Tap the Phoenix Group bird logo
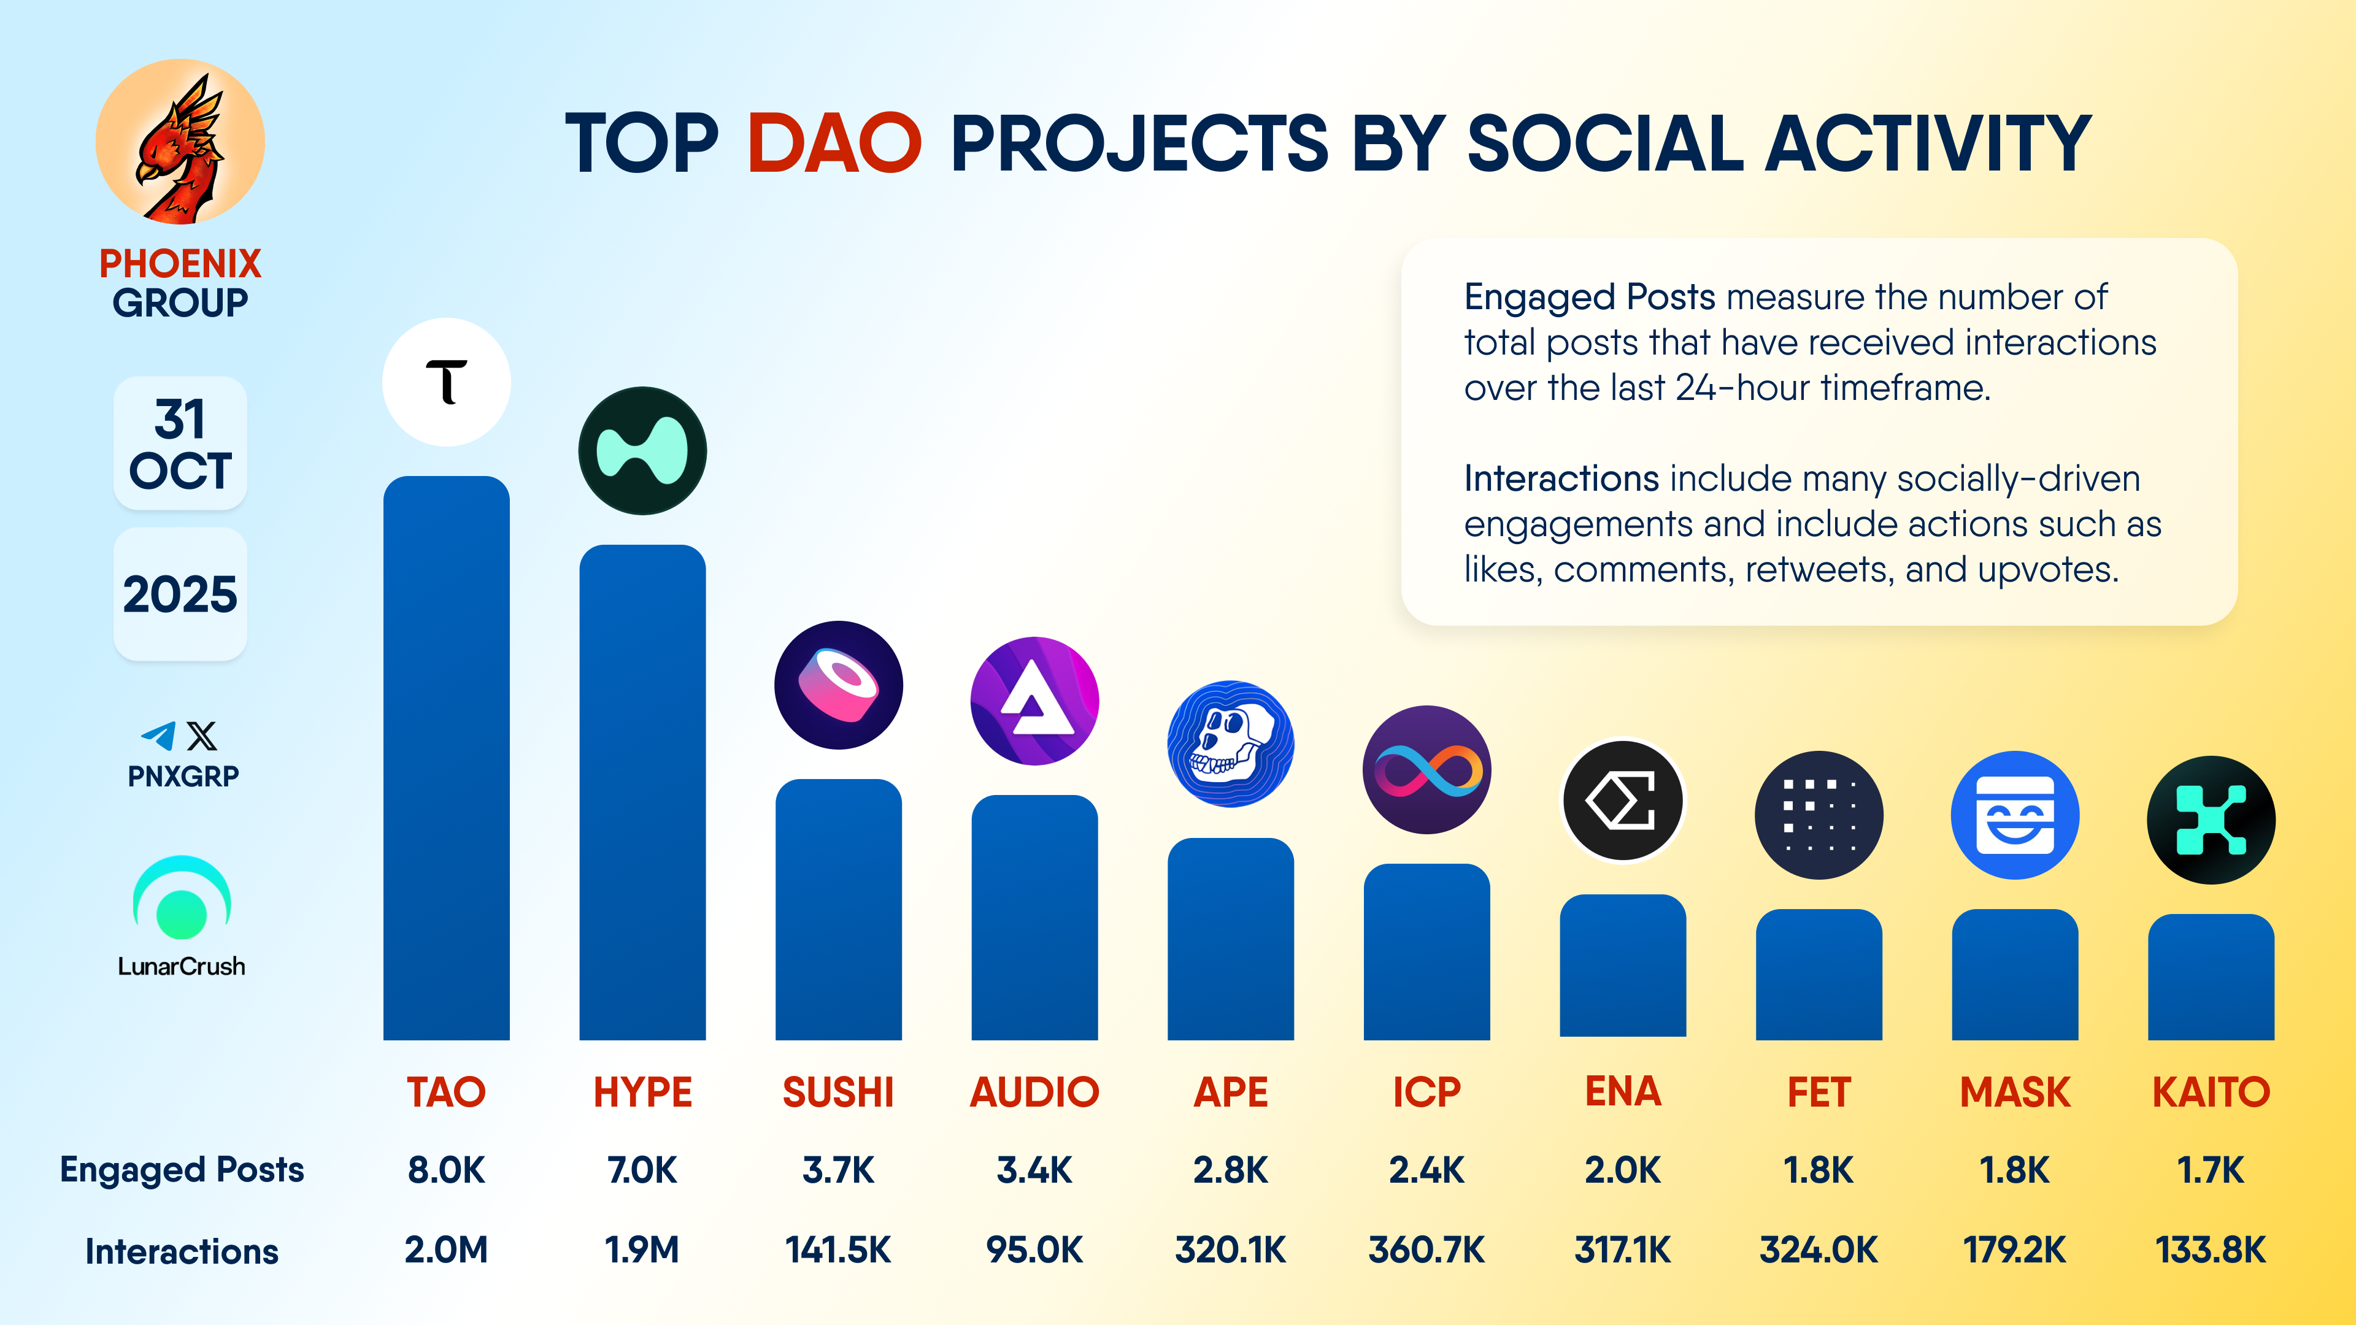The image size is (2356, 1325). pos(180,143)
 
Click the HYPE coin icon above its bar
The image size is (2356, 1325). pos(642,451)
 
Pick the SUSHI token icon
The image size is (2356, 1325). pos(837,685)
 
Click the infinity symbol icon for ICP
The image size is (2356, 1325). pos(1426,769)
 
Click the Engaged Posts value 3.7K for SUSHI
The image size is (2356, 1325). pos(837,1170)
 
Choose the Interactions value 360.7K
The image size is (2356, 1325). pos(1426,1249)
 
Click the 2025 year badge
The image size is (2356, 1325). pos(180,594)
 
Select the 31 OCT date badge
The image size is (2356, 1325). pos(180,444)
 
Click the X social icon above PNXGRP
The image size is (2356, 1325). pos(202,735)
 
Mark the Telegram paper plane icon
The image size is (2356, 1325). pos(158,735)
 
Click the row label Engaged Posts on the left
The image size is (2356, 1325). pos(182,1170)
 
